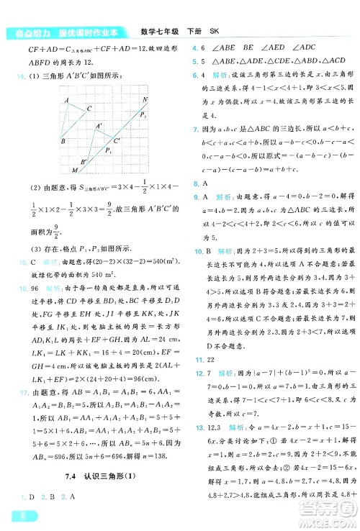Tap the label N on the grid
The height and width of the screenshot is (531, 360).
point(145,99)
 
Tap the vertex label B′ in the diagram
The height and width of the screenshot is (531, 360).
point(84,162)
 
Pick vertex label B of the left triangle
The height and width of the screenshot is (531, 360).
point(63,141)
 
